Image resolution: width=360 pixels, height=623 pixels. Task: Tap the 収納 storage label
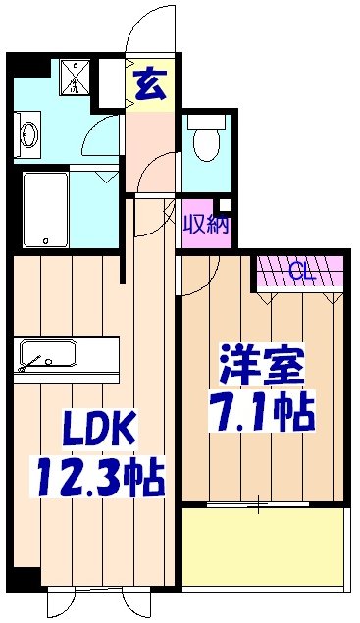(205, 223)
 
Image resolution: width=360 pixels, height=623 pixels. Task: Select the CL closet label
(301, 272)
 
